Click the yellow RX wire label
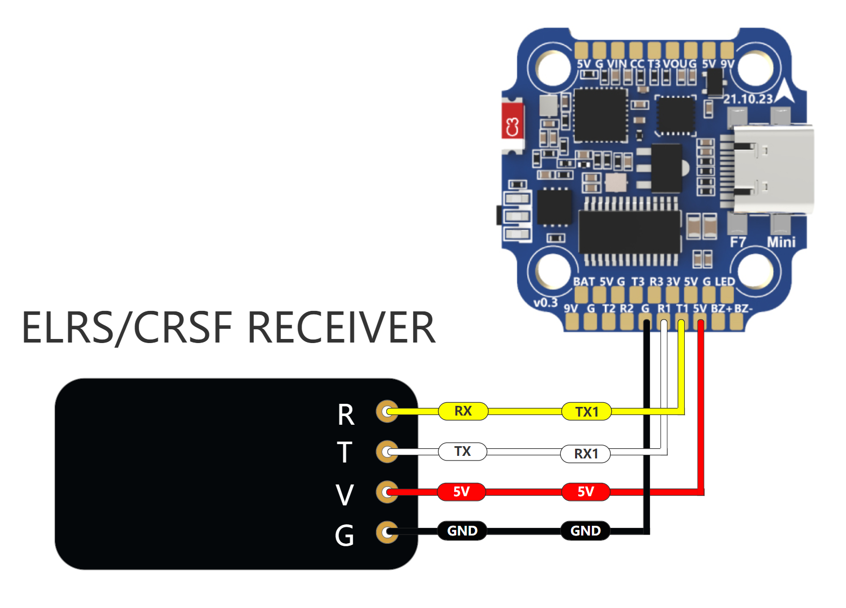[463, 411]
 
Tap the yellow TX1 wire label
[586, 411]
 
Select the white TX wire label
[463, 451]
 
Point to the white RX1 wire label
[585, 453]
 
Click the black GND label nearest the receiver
[462, 531]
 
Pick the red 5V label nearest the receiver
[461, 492]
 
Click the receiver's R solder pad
[387, 411]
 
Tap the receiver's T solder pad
[387, 451]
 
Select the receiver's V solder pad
[387, 492]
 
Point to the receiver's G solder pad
[387, 532]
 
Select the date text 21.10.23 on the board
[748, 99]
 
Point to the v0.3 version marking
[545, 302]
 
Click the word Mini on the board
[781, 242]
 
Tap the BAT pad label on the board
[584, 281]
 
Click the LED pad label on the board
[725, 281]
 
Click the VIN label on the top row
[616, 64]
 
